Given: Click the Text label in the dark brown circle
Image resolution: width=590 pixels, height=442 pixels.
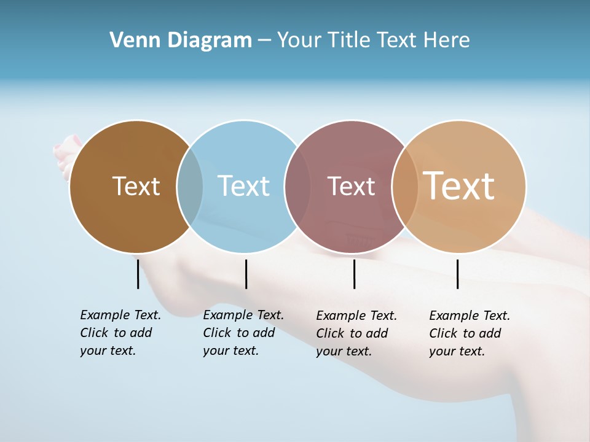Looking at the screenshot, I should (x=136, y=186).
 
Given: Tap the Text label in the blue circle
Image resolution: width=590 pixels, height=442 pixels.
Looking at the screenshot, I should (x=244, y=186).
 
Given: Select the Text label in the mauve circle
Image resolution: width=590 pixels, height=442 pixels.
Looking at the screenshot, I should (x=351, y=186).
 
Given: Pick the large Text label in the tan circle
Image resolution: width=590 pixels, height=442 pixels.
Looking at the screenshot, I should (x=459, y=186).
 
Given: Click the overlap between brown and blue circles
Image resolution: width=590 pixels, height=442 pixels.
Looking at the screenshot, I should (x=190, y=187).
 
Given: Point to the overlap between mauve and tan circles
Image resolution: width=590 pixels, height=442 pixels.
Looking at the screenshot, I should (x=405, y=187).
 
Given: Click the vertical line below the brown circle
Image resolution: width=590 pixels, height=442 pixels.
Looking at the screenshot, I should (x=138, y=274).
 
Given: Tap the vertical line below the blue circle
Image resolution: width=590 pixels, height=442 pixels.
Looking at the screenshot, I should (x=246, y=274).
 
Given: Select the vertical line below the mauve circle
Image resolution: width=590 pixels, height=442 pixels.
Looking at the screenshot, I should (x=354, y=274).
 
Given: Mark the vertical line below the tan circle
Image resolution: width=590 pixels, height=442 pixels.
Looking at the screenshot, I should (x=457, y=274).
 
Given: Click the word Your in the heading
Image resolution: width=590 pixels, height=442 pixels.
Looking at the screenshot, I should (x=300, y=41).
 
